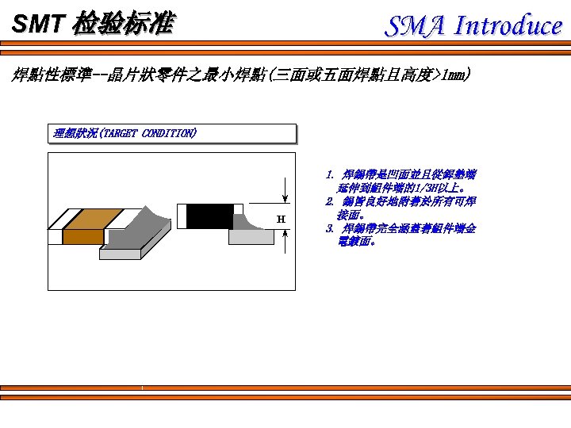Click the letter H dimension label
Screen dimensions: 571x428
[x=281, y=219]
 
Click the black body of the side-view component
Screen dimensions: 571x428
[x=209, y=216]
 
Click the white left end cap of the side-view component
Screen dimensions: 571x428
[x=182, y=216]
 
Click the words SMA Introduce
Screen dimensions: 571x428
[x=473, y=26]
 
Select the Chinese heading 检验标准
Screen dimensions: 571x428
[x=121, y=25]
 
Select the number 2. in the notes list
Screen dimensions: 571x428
[x=330, y=201]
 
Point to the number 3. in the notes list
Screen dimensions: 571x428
[x=330, y=228]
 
